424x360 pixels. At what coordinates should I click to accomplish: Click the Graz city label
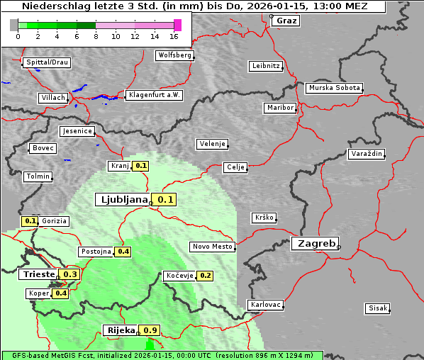[x=286, y=21]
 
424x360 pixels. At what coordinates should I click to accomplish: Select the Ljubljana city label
[x=122, y=200]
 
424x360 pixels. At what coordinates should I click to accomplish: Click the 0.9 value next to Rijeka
[x=150, y=330]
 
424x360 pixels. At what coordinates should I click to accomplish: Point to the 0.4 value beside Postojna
[x=123, y=252]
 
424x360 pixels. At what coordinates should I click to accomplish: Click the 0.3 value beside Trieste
[x=71, y=274]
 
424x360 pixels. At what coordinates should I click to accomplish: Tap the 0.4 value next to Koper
[x=61, y=293]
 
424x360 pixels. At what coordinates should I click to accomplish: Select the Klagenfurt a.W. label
[x=154, y=95]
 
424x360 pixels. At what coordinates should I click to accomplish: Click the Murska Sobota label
[x=334, y=89]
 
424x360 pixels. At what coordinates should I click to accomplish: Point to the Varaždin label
[x=366, y=154]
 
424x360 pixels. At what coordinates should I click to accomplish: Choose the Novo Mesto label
[x=212, y=247]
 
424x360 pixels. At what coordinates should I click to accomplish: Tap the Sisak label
[x=376, y=308]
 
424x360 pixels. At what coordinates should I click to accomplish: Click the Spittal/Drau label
[x=47, y=62]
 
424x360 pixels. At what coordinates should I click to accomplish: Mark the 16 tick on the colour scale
[x=174, y=35]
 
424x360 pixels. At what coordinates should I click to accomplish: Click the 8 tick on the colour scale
[x=96, y=35]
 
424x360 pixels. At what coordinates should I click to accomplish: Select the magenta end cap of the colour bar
[x=177, y=25]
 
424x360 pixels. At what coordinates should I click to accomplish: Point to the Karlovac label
[x=266, y=305]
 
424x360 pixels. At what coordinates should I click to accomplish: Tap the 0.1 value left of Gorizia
[x=30, y=221]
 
